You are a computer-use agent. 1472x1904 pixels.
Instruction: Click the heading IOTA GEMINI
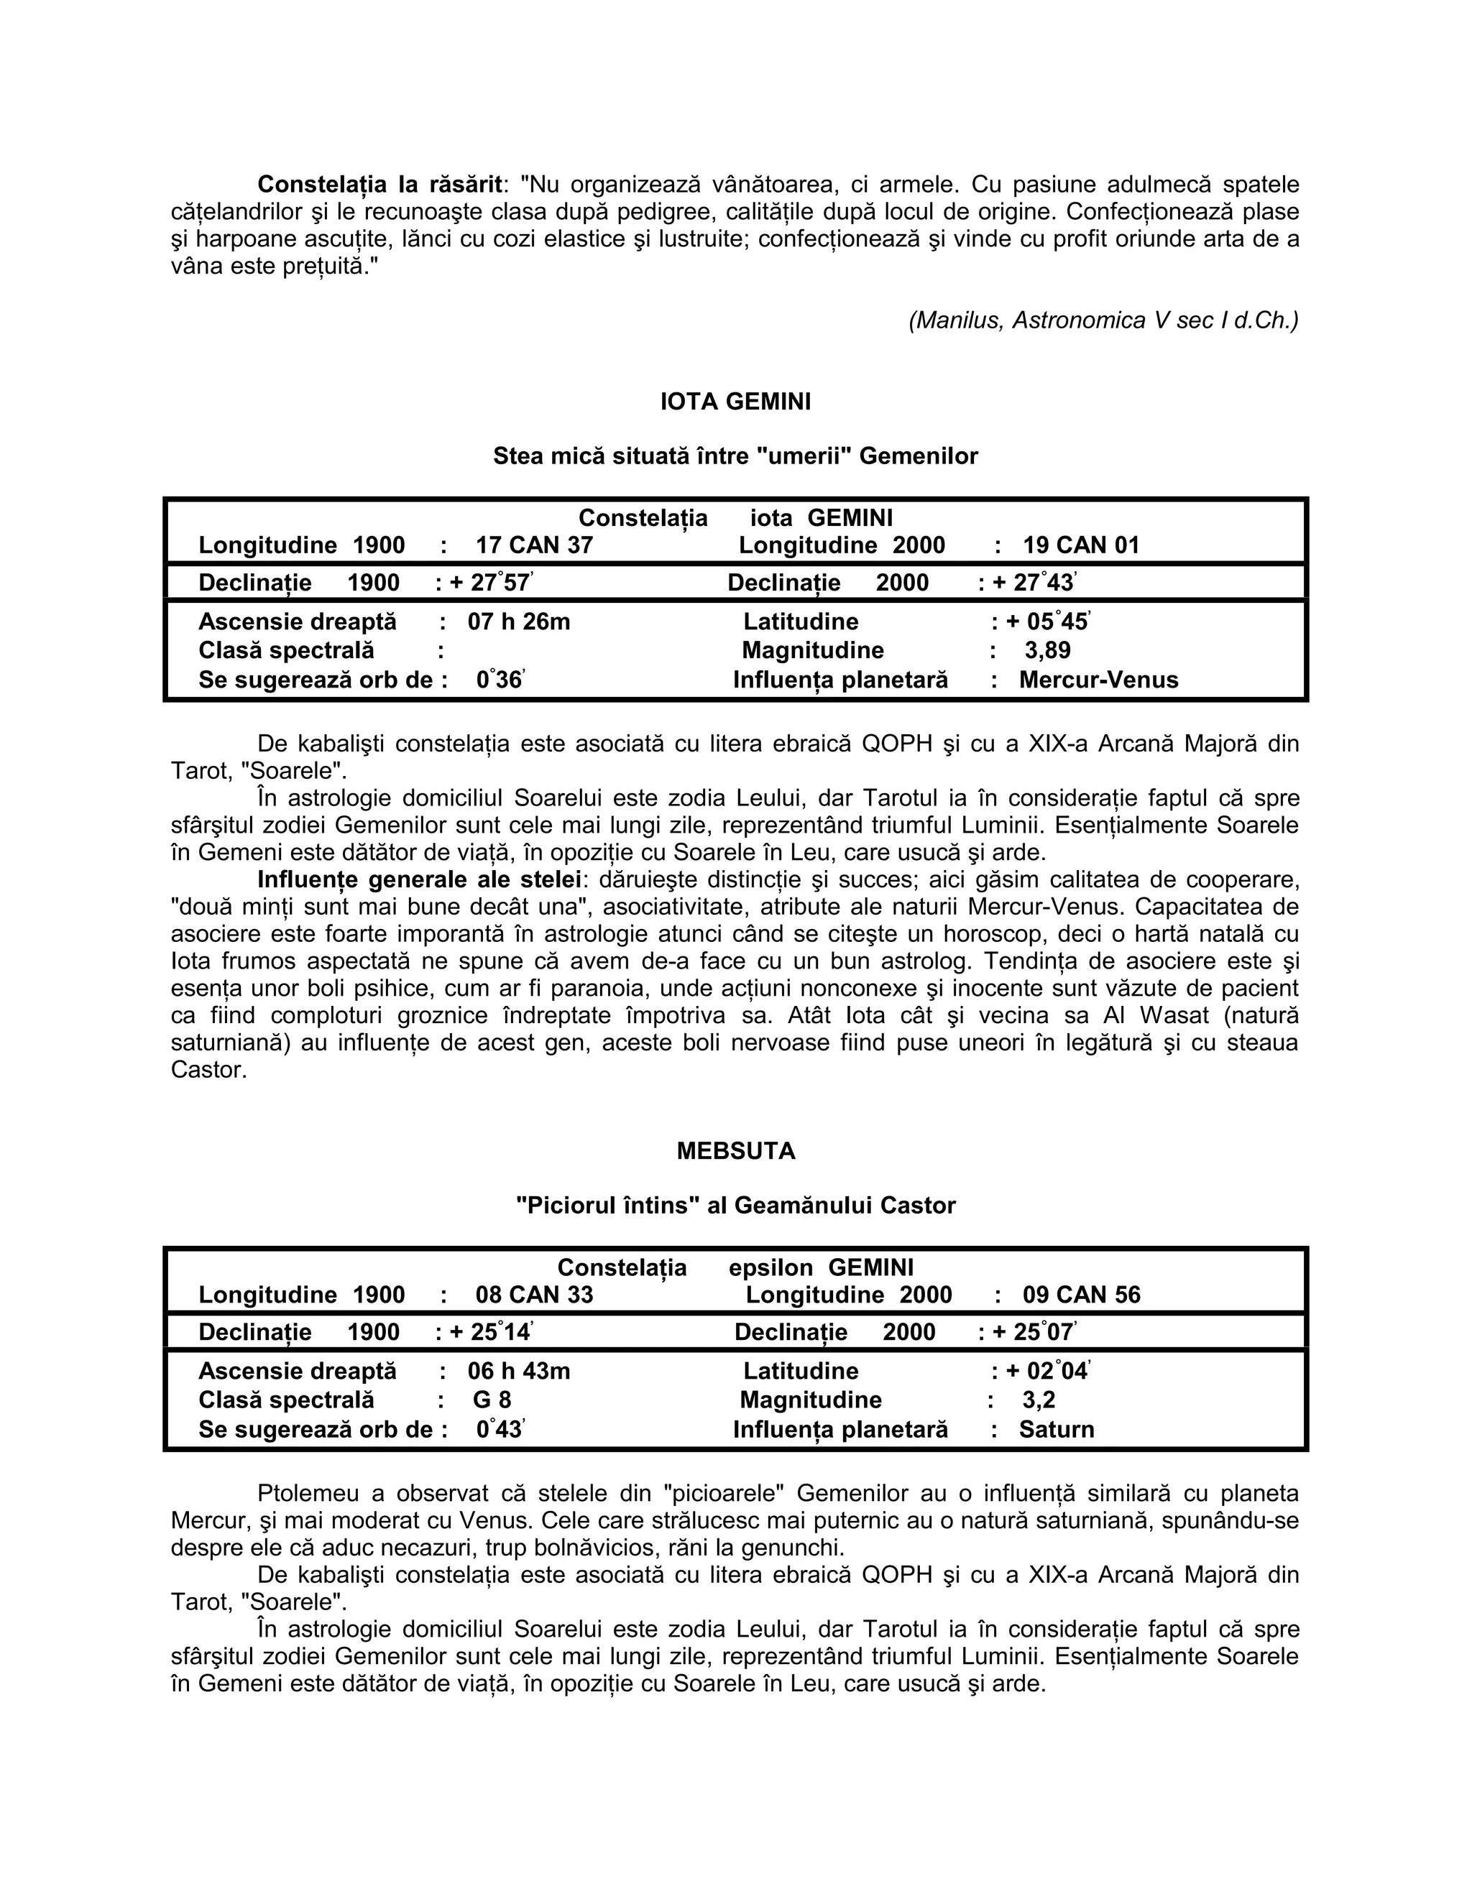(735, 402)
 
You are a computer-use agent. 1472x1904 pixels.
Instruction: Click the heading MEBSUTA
(735, 1151)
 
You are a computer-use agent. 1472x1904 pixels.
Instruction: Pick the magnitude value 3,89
(1047, 650)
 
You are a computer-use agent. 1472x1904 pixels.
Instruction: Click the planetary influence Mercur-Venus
(1098, 680)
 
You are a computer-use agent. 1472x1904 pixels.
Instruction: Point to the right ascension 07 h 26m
(519, 621)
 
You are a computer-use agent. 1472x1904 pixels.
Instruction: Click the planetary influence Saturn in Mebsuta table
(1056, 1429)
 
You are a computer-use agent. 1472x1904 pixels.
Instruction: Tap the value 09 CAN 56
(1080, 1295)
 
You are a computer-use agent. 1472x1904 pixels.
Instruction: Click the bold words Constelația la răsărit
(379, 185)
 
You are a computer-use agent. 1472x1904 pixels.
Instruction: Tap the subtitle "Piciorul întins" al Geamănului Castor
(735, 1205)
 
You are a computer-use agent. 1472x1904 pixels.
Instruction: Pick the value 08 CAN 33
(534, 1295)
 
